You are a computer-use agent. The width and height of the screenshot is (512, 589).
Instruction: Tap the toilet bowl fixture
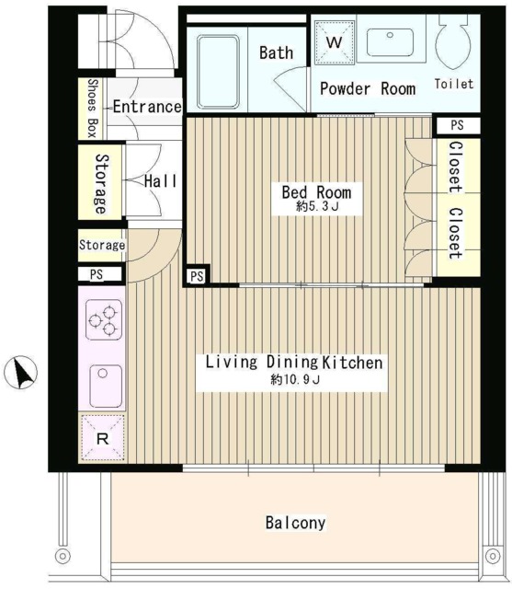[453, 41]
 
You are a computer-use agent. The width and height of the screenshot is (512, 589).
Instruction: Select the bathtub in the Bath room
[218, 72]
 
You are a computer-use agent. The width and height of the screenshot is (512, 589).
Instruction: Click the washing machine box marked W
[335, 42]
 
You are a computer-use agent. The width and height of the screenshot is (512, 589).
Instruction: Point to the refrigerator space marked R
[102, 438]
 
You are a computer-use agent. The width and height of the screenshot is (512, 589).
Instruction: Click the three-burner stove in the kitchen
[104, 319]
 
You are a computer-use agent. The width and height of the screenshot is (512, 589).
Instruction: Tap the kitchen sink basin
[106, 387]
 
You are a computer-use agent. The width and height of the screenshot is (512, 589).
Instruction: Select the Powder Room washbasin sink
[390, 42]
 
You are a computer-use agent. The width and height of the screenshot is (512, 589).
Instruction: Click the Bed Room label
[316, 192]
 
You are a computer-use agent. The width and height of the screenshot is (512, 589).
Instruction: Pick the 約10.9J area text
[296, 380]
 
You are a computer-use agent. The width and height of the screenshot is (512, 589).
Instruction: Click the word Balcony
[296, 523]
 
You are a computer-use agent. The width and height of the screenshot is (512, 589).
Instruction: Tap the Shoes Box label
[93, 109]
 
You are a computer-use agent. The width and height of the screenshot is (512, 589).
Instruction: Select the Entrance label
[147, 107]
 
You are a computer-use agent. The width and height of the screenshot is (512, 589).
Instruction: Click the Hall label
[160, 181]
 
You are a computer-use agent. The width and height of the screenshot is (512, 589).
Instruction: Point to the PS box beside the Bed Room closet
[457, 125]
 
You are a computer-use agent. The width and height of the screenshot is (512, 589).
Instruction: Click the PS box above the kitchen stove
[97, 274]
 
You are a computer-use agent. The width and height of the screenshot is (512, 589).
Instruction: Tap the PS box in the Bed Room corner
[197, 276]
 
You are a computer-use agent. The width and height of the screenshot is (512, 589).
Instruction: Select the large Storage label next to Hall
[100, 184]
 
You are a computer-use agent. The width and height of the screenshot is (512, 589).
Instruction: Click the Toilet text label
[454, 84]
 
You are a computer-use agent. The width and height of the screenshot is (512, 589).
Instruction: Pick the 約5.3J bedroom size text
[317, 206]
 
